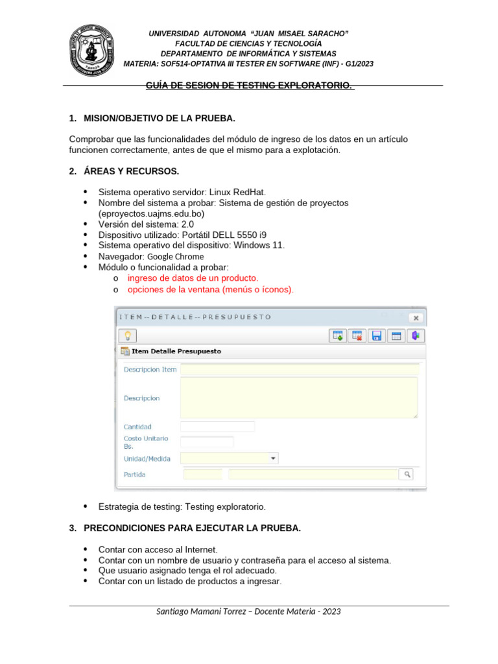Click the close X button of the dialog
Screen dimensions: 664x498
click(x=415, y=318)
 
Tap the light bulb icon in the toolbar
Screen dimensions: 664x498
click(x=128, y=335)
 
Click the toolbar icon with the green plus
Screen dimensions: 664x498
click(x=337, y=335)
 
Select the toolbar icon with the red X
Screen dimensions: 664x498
click(x=357, y=335)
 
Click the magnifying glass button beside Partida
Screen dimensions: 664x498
click(x=407, y=475)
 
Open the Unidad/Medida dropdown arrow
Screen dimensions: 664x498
click(x=274, y=458)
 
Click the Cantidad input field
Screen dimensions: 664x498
click(x=217, y=427)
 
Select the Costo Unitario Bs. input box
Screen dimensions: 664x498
click(x=206, y=442)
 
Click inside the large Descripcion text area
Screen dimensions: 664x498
click(x=298, y=397)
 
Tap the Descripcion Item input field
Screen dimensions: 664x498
click(x=298, y=370)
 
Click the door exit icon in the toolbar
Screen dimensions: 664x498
click(x=416, y=335)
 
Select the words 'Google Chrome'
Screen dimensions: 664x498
click(x=171, y=256)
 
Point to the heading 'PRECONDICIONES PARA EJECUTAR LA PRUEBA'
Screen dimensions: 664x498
click(x=192, y=528)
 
